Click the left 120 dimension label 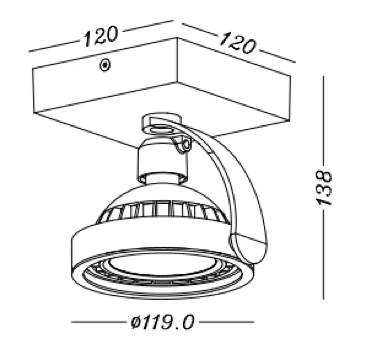coord(100,36)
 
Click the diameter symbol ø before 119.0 coord(134,322)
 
